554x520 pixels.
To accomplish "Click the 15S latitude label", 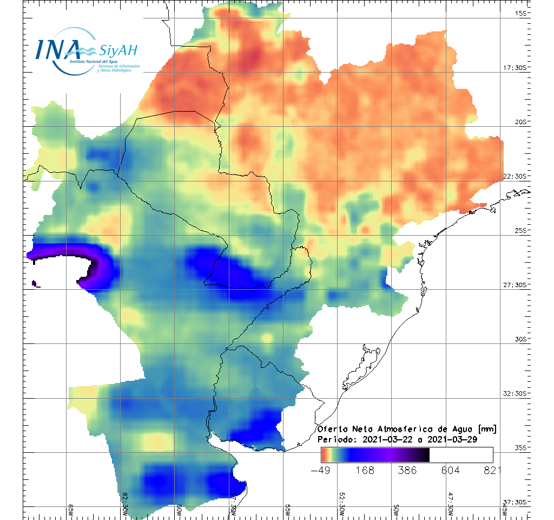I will (x=522, y=13).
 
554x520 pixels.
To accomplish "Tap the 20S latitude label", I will (x=522, y=122).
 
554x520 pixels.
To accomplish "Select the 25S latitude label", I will (x=522, y=231).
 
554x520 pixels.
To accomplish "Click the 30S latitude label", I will (x=522, y=339).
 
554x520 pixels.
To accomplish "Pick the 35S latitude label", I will (x=522, y=447).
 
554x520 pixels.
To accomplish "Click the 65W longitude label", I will (x=71, y=511).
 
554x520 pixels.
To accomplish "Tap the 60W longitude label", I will (x=179, y=511).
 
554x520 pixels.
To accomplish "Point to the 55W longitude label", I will (x=287, y=511).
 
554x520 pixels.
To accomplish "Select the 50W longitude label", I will (x=395, y=511).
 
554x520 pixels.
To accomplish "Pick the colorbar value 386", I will (x=408, y=470).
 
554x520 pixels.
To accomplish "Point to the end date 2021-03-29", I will (x=452, y=440).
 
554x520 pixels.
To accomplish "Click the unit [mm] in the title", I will (x=486, y=430).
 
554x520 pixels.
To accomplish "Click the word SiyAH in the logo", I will (x=118, y=51).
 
